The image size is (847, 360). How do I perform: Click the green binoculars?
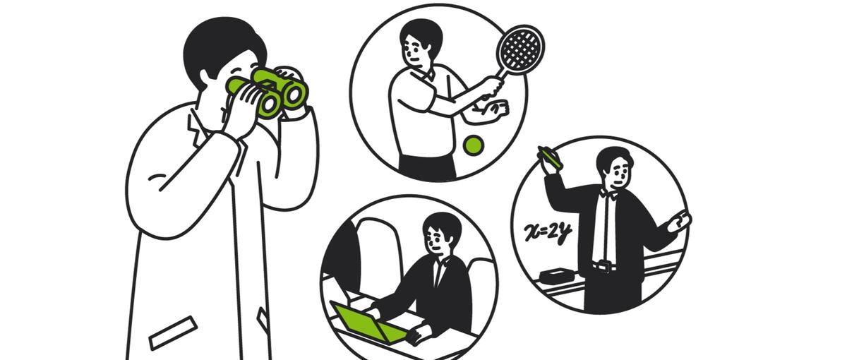tap(268, 92)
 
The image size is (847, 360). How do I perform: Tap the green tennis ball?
tap(474, 145)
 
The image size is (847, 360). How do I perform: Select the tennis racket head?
tap(520, 47)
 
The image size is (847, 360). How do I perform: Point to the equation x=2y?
tap(548, 232)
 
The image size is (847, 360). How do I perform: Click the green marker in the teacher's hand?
tap(550, 157)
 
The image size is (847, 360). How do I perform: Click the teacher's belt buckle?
tap(605, 266)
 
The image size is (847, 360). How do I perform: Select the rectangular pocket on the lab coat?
tap(173, 332)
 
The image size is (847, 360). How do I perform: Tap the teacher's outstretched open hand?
tap(680, 222)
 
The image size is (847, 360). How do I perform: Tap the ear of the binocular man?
tap(205, 77)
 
